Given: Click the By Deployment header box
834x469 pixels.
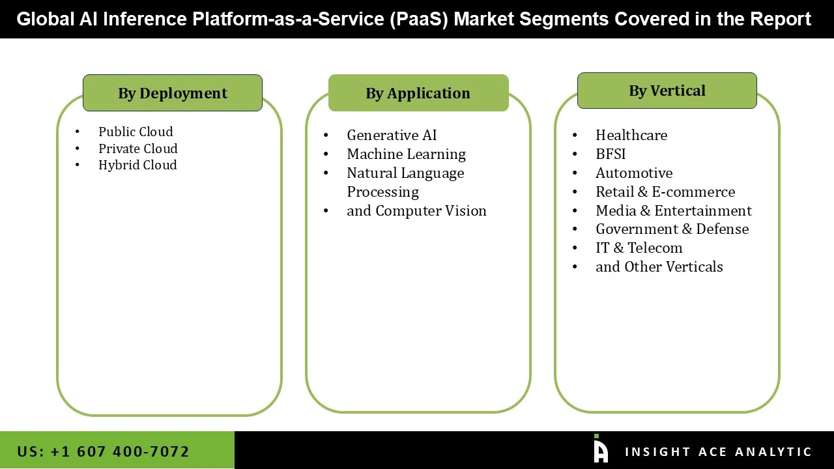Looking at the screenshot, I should (173, 93).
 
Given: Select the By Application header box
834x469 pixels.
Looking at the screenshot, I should (418, 93).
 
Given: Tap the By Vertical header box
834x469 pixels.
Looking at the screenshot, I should (667, 91).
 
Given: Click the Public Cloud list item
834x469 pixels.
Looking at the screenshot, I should (136, 132).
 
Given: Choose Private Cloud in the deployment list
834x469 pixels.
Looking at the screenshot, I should (137, 149).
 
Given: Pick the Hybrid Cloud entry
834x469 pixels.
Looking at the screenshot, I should (137, 165).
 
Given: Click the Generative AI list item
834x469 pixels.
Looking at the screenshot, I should (392, 135).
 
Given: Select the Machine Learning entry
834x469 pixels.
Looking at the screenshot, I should (406, 154).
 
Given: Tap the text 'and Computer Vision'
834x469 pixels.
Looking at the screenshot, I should (416, 210).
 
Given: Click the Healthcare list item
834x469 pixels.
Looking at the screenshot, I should (631, 135).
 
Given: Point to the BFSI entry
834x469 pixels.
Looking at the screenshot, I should (611, 154).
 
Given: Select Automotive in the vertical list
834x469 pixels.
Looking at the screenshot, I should (634, 173).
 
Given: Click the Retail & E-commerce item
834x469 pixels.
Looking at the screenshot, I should (665, 192).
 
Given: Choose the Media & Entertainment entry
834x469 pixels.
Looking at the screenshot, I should (673, 210).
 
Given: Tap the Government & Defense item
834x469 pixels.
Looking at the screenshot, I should (672, 229).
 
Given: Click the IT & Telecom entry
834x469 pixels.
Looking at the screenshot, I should (639, 248).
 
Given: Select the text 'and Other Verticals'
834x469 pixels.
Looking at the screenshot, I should (659, 266).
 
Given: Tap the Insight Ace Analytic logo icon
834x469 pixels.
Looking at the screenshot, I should (600, 449).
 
